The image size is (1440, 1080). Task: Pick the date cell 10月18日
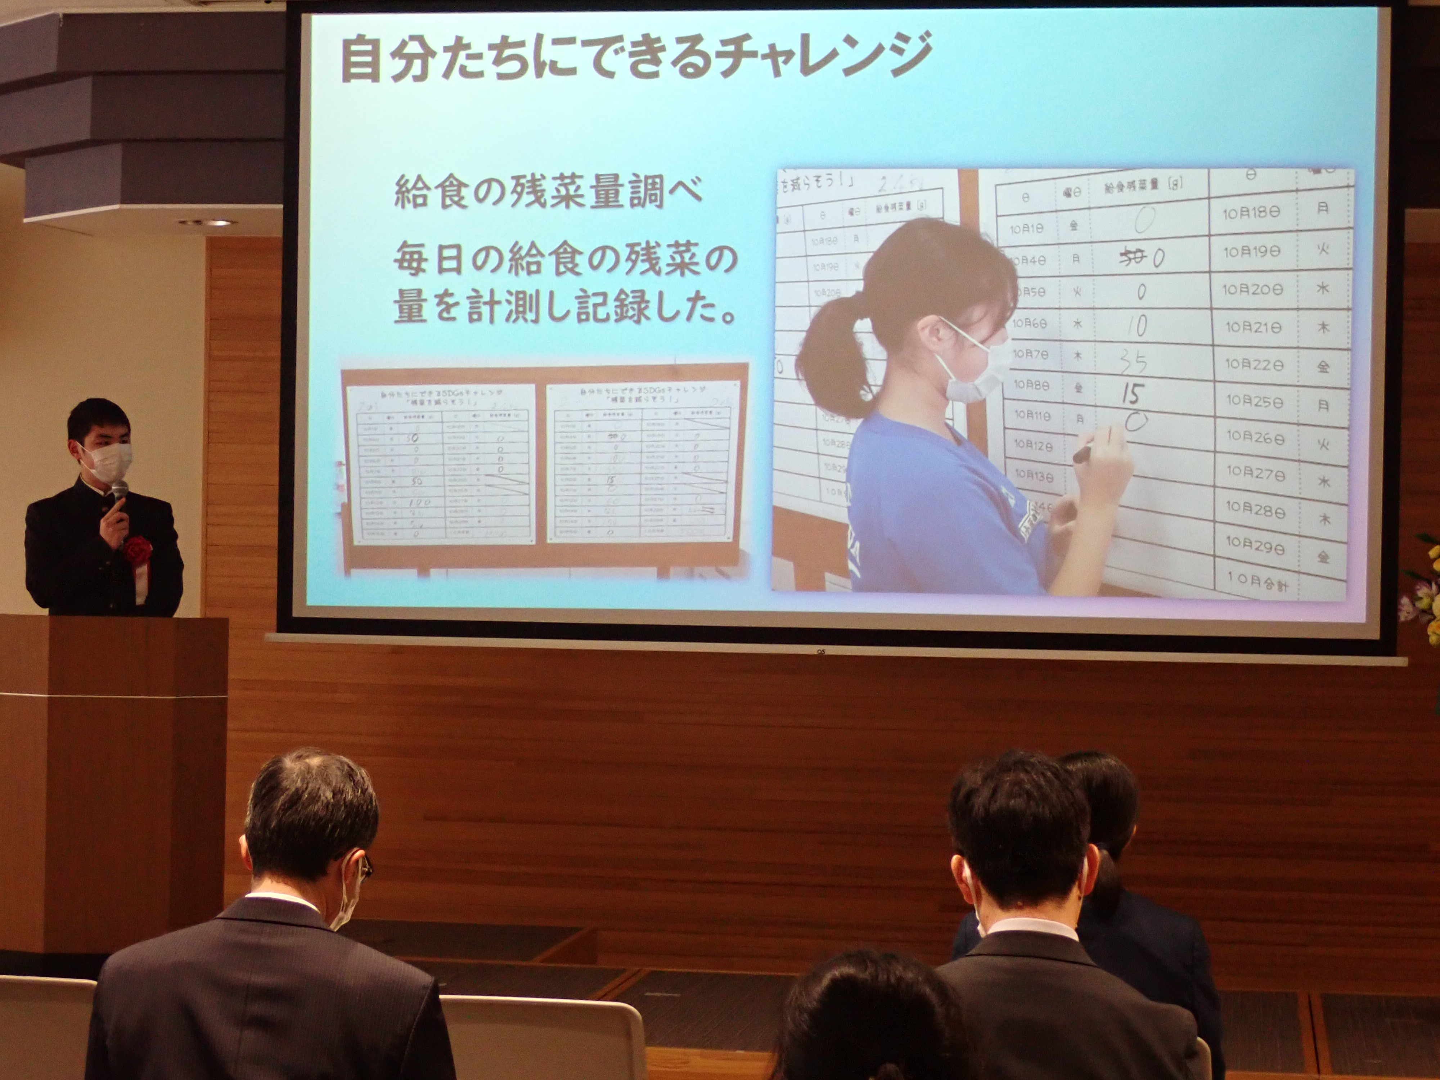(1251, 212)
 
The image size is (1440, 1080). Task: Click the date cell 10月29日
(1255, 545)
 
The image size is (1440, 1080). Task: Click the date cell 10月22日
(1253, 365)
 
